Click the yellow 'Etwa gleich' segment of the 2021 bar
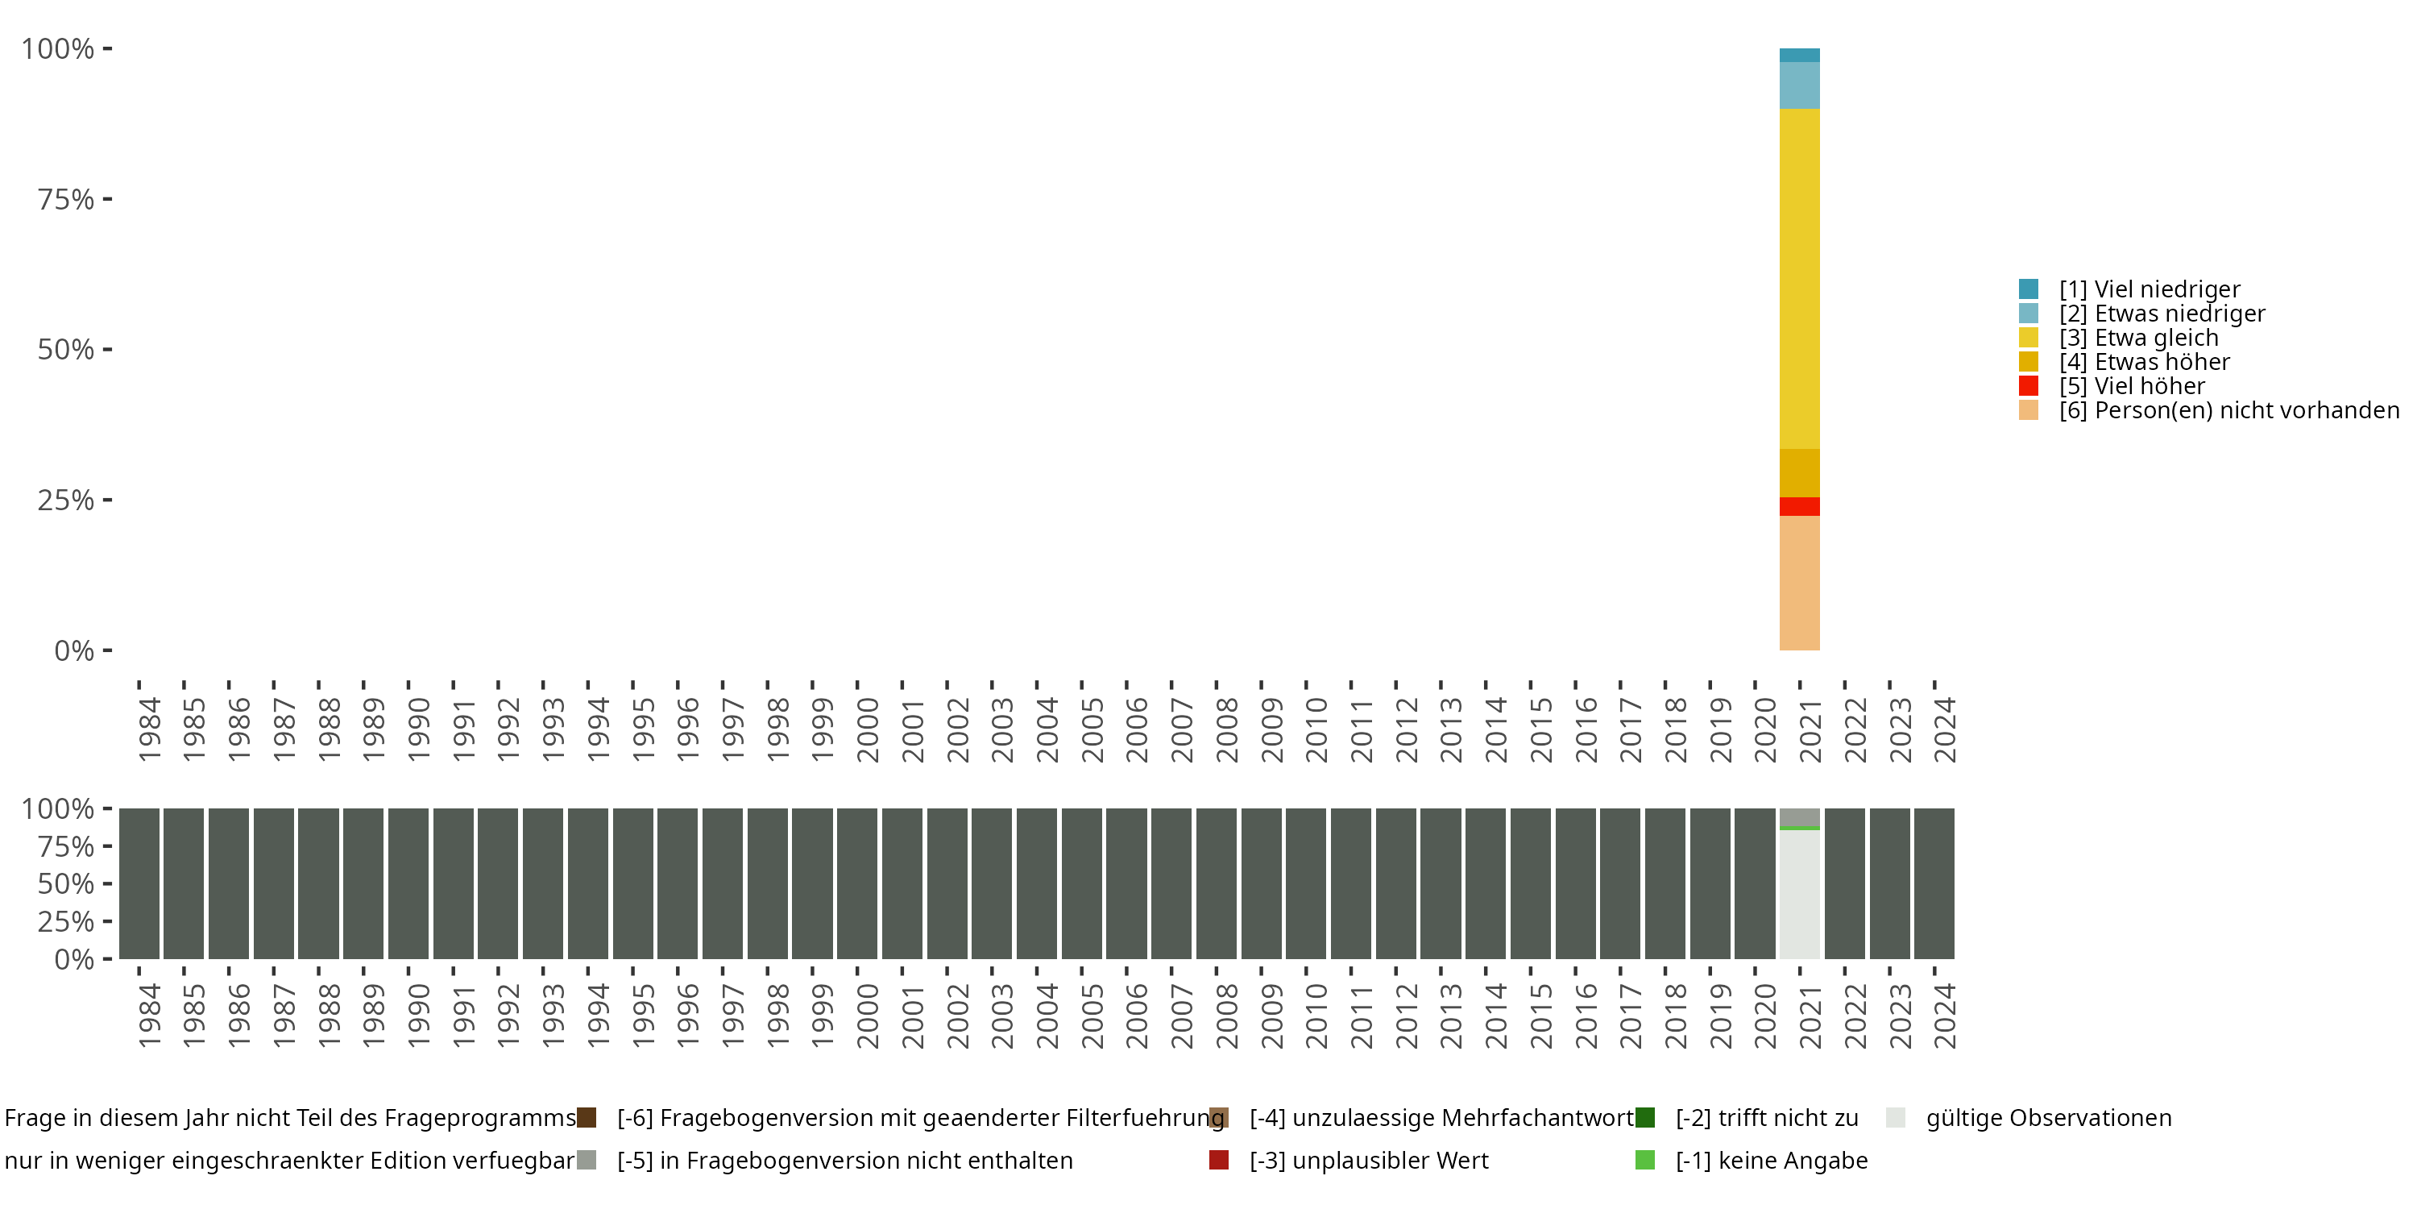pos(1799,278)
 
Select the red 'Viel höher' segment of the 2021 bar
pos(1799,506)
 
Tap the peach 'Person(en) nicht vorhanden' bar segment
pos(1799,582)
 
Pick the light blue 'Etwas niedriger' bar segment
pos(1799,85)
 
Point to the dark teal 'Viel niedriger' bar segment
pos(1799,56)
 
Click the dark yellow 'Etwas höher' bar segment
pos(1799,473)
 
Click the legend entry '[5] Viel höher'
pos(2131,386)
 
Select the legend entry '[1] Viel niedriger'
pos(2149,289)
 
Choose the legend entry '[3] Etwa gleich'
pos(2138,338)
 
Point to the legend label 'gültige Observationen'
pos(2047,1118)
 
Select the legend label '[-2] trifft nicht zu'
pos(1766,1118)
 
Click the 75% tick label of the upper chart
pos(66,199)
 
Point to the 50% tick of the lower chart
pos(66,883)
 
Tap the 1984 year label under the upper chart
pos(149,729)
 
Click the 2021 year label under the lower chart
pos(1810,1016)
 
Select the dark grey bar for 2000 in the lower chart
pos(856,883)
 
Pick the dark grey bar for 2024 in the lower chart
pos(1934,883)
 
